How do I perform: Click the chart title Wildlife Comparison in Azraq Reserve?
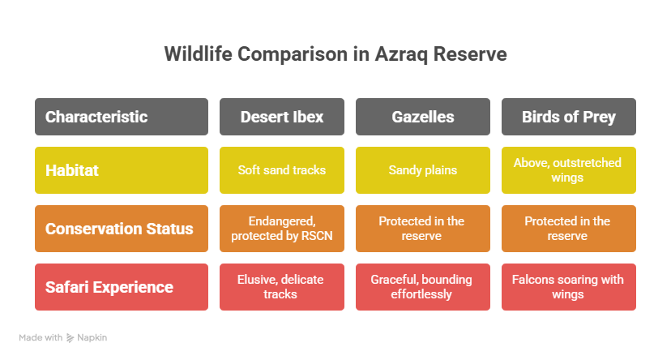335,54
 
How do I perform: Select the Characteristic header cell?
122,117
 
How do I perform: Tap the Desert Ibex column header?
282,117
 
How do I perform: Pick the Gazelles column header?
423,117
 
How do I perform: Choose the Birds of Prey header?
569,117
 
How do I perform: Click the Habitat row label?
122,170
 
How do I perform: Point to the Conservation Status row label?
122,229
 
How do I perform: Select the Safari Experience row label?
122,287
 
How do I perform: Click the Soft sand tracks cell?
282,170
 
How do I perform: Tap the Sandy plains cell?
423,170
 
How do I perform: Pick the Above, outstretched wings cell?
569,170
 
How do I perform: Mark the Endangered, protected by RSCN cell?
282,229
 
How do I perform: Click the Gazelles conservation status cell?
423,229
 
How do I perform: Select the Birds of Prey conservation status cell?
569,229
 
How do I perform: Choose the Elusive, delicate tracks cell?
282,287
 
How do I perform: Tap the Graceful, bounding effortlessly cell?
423,287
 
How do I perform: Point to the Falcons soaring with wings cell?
569,287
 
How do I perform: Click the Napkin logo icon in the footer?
71,338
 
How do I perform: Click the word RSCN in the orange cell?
316,236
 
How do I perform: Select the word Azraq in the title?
401,55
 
